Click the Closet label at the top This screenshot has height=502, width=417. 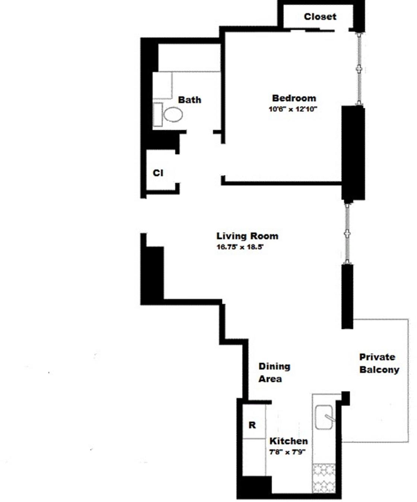click(x=320, y=17)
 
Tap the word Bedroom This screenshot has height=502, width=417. click(x=294, y=98)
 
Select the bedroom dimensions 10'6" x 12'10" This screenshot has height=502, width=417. click(x=293, y=110)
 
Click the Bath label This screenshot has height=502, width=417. click(x=190, y=100)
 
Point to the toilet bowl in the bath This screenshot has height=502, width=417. click(x=173, y=114)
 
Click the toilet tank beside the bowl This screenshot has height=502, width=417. click(x=158, y=115)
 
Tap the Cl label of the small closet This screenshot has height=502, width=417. click(x=158, y=173)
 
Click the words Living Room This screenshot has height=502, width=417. click(x=247, y=236)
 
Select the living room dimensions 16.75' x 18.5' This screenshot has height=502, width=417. click(x=240, y=247)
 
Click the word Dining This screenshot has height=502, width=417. click(x=274, y=366)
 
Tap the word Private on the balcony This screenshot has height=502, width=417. click(x=377, y=357)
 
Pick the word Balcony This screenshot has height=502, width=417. click(x=379, y=370)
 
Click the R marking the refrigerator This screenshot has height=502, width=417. click(x=252, y=425)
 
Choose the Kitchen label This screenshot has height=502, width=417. click(x=289, y=441)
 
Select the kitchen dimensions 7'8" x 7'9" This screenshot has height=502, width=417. click(x=287, y=452)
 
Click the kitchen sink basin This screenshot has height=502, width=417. click(x=324, y=418)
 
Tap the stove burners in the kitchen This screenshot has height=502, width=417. click(x=324, y=477)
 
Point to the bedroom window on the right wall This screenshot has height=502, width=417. click(x=359, y=69)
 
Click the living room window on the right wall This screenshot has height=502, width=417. click(x=347, y=233)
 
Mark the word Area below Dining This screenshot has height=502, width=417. click(x=270, y=379)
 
